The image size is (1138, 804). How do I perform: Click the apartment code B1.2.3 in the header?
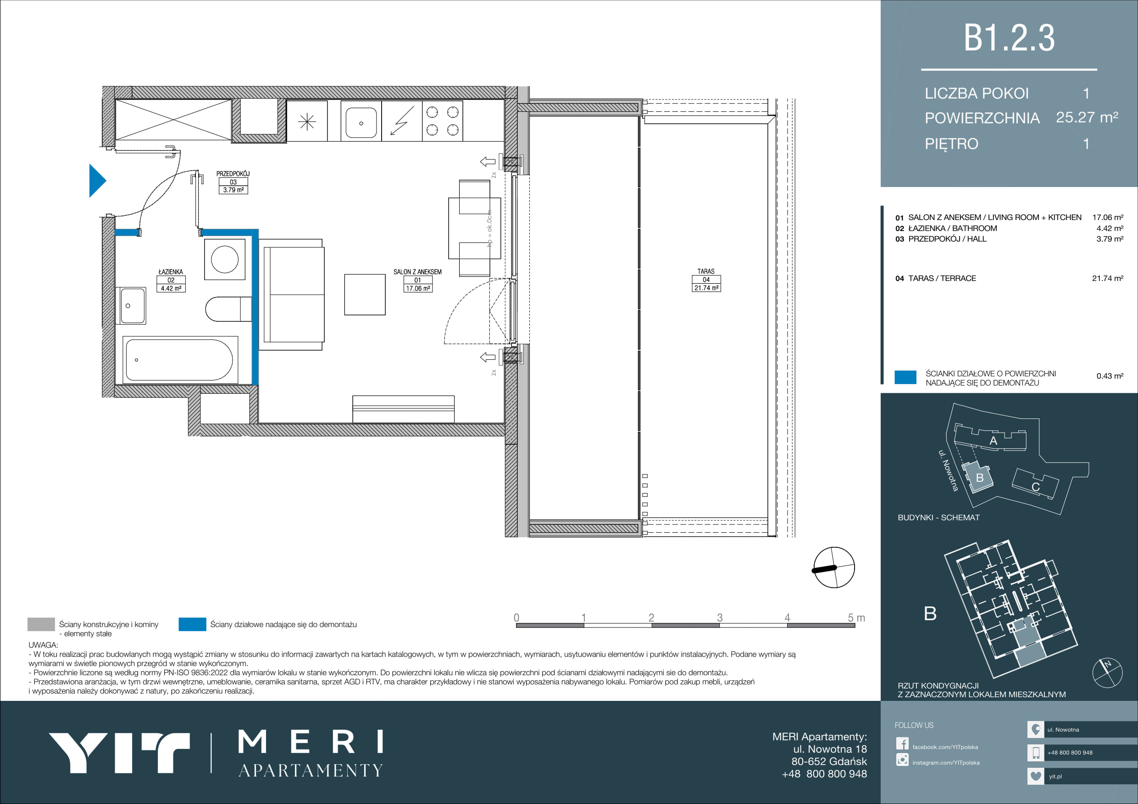1009,38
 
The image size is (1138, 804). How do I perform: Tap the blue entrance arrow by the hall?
97,181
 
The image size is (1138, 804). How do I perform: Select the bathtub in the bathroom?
180,360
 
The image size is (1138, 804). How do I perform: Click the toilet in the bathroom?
228,309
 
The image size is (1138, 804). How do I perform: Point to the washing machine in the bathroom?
225,259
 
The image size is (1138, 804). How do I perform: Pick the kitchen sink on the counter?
361,122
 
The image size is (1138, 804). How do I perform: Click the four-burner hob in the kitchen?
442,121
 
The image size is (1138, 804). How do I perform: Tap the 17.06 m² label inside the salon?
418,288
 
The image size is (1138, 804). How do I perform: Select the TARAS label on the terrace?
706,271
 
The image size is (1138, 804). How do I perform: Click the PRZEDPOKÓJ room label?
233,174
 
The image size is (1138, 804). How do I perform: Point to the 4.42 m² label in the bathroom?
171,288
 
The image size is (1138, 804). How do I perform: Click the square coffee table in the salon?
365,295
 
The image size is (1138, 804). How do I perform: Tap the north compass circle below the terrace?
834,567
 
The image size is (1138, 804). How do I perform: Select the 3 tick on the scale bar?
719,618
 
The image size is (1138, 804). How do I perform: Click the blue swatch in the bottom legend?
192,624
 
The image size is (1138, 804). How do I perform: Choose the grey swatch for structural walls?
41,624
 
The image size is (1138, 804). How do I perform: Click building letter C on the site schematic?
1035,487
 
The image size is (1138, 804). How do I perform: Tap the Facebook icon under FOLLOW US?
902,743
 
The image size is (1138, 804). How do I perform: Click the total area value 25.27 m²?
1087,117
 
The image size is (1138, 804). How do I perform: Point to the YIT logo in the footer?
119,753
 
